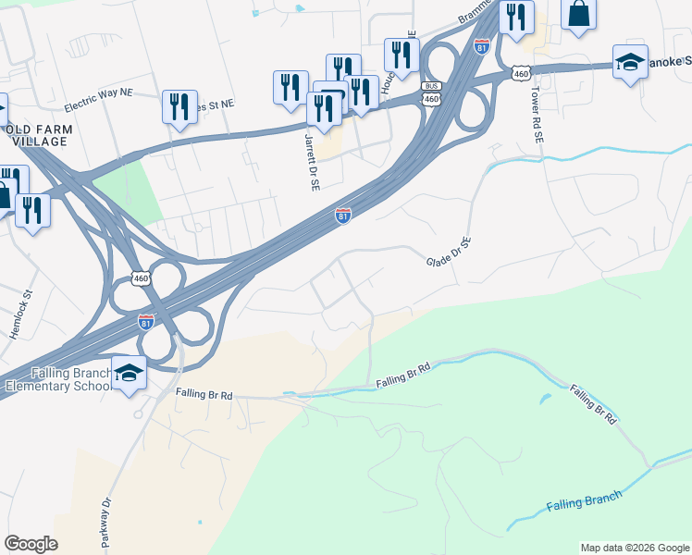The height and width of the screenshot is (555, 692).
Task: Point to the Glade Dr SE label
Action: click(450, 252)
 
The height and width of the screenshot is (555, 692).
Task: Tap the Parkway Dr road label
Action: click(105, 522)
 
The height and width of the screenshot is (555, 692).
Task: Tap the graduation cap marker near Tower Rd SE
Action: click(630, 63)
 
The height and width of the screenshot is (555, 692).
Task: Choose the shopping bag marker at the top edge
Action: click(578, 15)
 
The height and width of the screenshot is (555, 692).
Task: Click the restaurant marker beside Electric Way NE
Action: click(177, 105)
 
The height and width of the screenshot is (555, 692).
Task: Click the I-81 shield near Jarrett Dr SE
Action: click(343, 216)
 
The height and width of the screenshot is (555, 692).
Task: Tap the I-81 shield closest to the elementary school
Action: click(146, 322)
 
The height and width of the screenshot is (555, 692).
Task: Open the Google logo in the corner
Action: click(31, 544)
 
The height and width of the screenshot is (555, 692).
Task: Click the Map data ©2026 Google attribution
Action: click(634, 548)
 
